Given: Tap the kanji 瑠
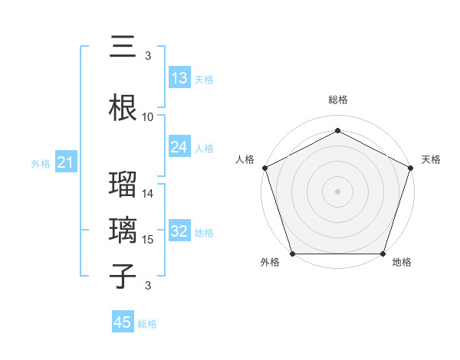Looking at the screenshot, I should (x=123, y=186).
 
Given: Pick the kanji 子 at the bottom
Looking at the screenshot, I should (x=123, y=277).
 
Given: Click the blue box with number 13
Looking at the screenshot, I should (x=179, y=77).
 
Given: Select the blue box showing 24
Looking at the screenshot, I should (x=179, y=147).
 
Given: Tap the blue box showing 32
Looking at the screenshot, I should (x=179, y=231).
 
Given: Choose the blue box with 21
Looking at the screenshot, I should (x=65, y=162).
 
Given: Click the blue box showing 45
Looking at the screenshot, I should (x=123, y=322).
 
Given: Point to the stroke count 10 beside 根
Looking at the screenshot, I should (x=148, y=117).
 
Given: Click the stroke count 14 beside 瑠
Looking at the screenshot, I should (x=148, y=194).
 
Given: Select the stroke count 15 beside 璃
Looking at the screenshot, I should (x=148, y=240).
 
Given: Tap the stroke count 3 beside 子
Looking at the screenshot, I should (x=148, y=286).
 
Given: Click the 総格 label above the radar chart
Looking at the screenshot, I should (x=337, y=100).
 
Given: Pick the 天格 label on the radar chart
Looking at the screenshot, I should (x=431, y=159).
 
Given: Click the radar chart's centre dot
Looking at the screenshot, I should (x=337, y=191).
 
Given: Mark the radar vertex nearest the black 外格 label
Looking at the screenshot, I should (x=292, y=254).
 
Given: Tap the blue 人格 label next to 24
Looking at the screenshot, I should (x=204, y=148).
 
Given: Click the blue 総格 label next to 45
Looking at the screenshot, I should (x=147, y=324).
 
